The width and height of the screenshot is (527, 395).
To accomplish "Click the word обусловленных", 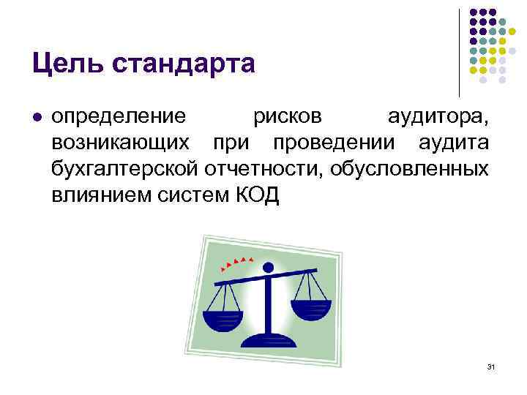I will (410, 170).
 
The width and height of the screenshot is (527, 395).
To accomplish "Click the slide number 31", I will (491, 366).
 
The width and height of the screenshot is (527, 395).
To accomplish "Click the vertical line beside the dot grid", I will (459, 51).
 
